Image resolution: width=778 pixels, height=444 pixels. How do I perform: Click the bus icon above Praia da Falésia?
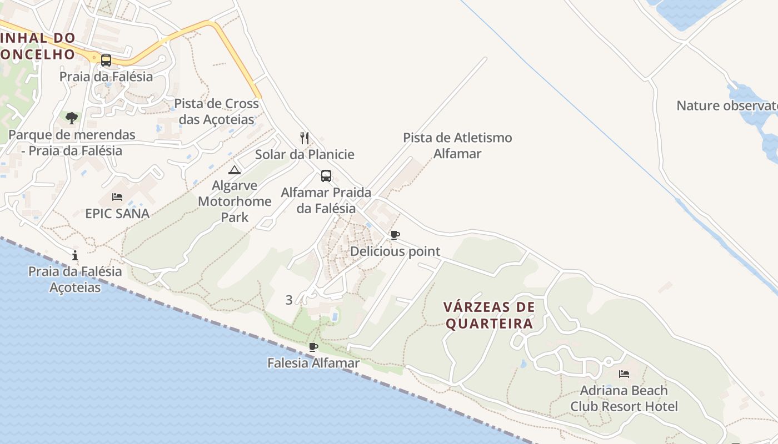tap(106, 60)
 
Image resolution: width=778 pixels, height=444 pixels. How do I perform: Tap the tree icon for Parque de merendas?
tap(71, 118)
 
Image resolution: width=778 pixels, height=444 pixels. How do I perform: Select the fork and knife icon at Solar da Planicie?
tap(305, 138)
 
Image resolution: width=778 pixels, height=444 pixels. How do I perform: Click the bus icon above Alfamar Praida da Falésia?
tap(326, 176)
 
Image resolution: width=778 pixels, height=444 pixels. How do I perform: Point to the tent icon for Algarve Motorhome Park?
tap(234, 170)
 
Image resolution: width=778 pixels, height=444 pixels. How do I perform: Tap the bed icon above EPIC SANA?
tap(117, 197)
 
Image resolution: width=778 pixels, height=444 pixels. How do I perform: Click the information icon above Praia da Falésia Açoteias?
tap(75, 255)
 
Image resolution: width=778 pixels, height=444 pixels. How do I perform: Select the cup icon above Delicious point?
tap(395, 235)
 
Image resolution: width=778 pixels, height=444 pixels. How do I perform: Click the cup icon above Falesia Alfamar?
tap(313, 347)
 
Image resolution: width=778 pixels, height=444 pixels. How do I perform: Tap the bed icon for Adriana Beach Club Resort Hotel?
tap(624, 374)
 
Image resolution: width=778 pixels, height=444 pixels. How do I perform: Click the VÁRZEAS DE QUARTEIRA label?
tap(489, 315)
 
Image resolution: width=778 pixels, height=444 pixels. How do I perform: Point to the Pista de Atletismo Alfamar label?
tap(457, 145)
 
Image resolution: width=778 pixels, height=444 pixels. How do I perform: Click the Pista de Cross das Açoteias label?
tap(217, 112)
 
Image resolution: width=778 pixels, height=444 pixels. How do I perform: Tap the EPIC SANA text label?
tap(117, 214)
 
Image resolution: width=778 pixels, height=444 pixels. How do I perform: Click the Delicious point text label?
tap(395, 251)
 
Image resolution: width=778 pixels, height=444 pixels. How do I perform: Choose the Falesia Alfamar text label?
tap(313, 363)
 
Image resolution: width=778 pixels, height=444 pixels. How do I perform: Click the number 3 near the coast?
tap(288, 300)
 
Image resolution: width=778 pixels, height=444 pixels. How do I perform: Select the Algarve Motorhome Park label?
tap(235, 201)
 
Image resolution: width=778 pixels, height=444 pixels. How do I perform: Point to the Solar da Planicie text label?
tap(305, 154)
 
